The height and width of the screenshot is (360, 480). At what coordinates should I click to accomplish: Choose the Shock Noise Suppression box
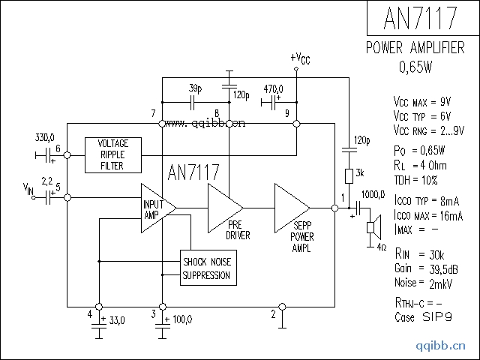[x=207, y=268]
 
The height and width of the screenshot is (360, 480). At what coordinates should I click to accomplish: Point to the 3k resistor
[x=349, y=176]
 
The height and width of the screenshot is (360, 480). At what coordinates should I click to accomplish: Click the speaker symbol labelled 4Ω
[x=370, y=228]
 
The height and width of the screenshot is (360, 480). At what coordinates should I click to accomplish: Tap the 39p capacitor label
[x=196, y=87]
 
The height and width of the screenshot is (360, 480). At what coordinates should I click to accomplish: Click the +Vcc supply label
[x=300, y=58]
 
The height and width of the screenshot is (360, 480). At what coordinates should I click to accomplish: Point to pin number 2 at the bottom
[x=272, y=313]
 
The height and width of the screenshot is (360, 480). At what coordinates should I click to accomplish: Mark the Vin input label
[x=29, y=190]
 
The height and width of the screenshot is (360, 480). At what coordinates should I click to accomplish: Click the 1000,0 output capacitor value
[x=373, y=195]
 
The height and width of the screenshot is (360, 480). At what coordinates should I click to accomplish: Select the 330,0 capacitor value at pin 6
[x=45, y=139]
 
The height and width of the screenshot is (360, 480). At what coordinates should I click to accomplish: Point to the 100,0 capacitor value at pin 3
[x=181, y=319]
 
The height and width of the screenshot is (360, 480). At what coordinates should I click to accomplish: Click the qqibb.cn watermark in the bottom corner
[x=442, y=346]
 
